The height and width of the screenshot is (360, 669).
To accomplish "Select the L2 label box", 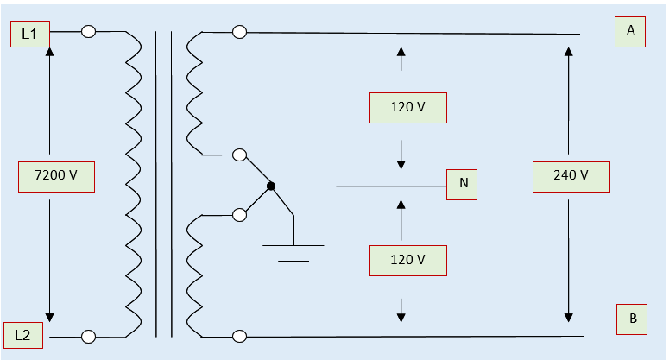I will pos(23,334).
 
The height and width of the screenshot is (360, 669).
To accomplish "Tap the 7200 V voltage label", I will pos(56,176).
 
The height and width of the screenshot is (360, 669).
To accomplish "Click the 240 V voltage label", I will pos(571,176).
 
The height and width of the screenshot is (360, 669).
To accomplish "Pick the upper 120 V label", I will pos(407,108).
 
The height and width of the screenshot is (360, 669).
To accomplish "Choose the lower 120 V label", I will pos(407,260).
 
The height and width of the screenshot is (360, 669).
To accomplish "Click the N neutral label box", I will pos(463,184).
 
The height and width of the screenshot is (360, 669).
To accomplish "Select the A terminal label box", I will pos(630,31).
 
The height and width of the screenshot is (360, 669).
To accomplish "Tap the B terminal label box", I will pos(632,319).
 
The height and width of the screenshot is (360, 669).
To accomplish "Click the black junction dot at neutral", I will pos(271,186).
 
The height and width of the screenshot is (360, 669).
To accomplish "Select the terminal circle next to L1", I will pos(88,32).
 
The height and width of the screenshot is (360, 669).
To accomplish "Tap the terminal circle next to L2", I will pos(88,337).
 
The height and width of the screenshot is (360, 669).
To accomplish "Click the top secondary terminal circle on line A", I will pos(240,32).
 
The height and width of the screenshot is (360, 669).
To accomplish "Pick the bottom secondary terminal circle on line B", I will pos(240,337).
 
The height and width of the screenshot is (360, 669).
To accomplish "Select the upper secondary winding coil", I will pos(194,93).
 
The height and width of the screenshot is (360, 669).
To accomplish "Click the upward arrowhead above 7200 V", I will pos(49,51).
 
